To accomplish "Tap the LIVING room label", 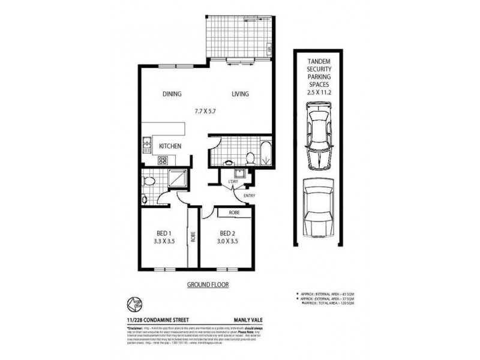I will pyautogui.click(x=240, y=94).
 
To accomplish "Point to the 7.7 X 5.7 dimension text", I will pyautogui.click(x=206, y=111).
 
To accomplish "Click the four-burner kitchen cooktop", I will pyautogui.click(x=162, y=160).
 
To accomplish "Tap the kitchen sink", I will pyautogui.click(x=146, y=143).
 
